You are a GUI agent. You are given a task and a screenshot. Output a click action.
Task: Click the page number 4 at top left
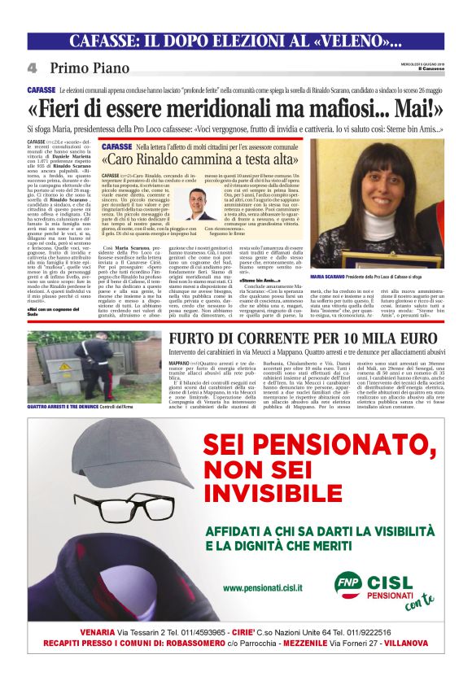[32, 68]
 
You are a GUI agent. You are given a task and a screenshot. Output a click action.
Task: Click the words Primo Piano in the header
[89, 68]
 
